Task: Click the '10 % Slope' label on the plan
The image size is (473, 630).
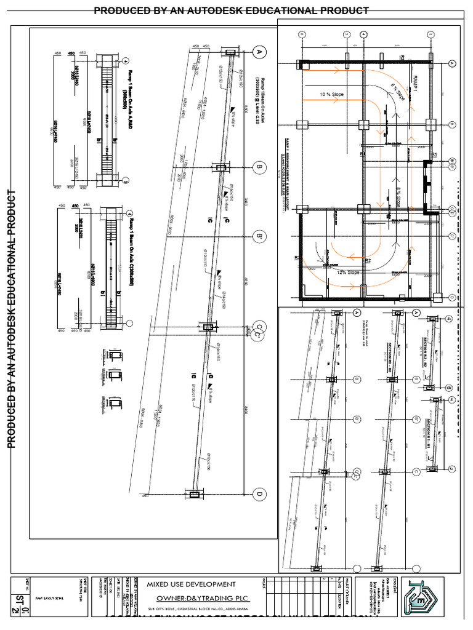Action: coord(331,94)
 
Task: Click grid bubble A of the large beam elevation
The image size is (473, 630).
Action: coord(260,53)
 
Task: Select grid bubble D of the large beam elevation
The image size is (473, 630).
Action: coord(260,494)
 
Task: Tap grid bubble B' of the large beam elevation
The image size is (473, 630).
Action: coord(260,237)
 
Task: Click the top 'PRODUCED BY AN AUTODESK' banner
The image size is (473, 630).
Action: coord(231,10)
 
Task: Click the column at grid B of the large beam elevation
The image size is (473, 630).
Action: coord(220,167)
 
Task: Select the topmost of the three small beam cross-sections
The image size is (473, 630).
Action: coord(115,356)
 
